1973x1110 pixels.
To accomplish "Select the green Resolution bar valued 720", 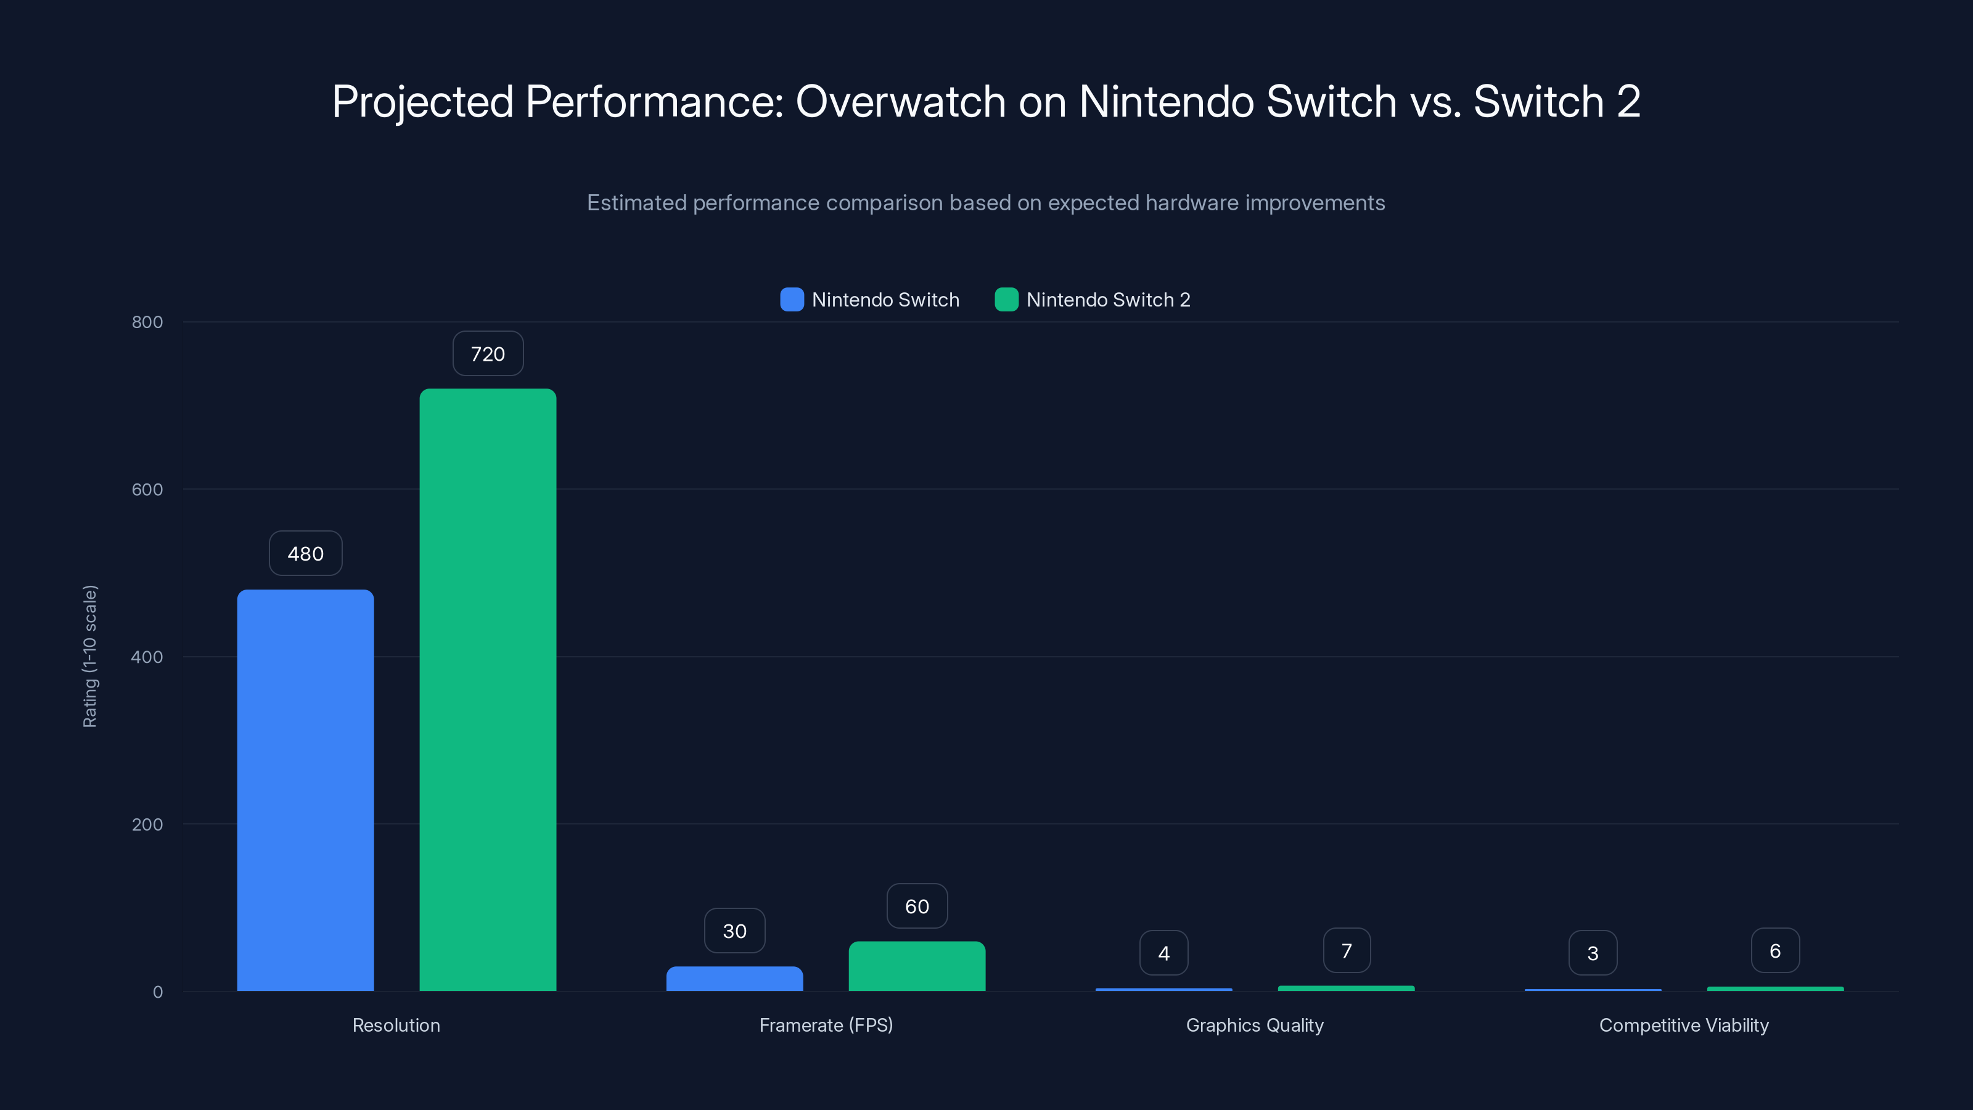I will pos(487,689).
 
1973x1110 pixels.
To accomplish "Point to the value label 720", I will pos(487,353).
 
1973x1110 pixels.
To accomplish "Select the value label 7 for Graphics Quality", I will pos(1346,951).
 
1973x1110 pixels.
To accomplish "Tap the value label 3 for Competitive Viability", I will pos(1593,953).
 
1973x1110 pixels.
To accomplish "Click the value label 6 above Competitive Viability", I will pos(1774,951).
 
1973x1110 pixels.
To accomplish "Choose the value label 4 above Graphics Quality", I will pos(1163,953).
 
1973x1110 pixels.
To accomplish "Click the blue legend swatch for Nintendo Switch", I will pos(791,300).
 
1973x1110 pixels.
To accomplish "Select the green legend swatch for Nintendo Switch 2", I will pos(1006,300).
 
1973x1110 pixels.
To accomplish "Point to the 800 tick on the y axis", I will pos(147,322).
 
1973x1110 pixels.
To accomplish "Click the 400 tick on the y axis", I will pos(147,657).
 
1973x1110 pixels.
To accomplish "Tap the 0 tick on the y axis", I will pos(158,992).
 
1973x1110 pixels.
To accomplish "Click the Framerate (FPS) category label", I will pos(826,1025).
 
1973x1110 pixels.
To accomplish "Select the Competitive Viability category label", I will pos(1683,1025).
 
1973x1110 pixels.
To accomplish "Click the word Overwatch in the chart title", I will pos(900,101).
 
